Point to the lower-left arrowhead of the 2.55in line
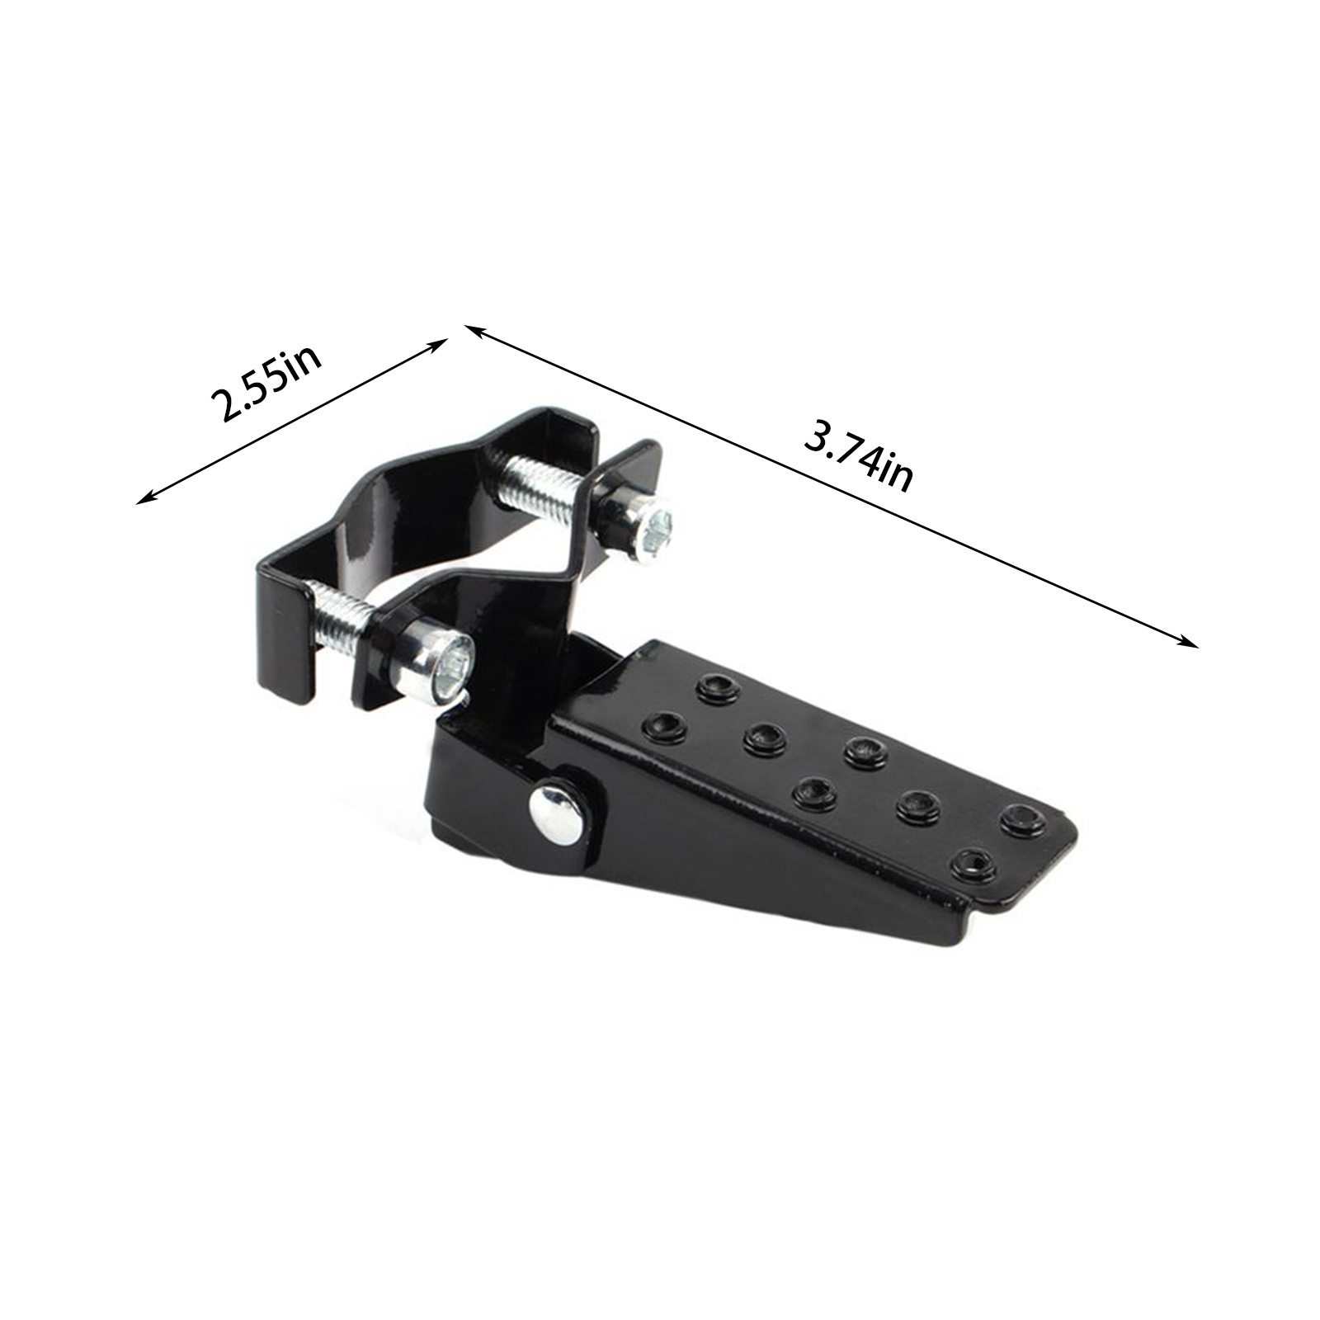coord(148,495)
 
